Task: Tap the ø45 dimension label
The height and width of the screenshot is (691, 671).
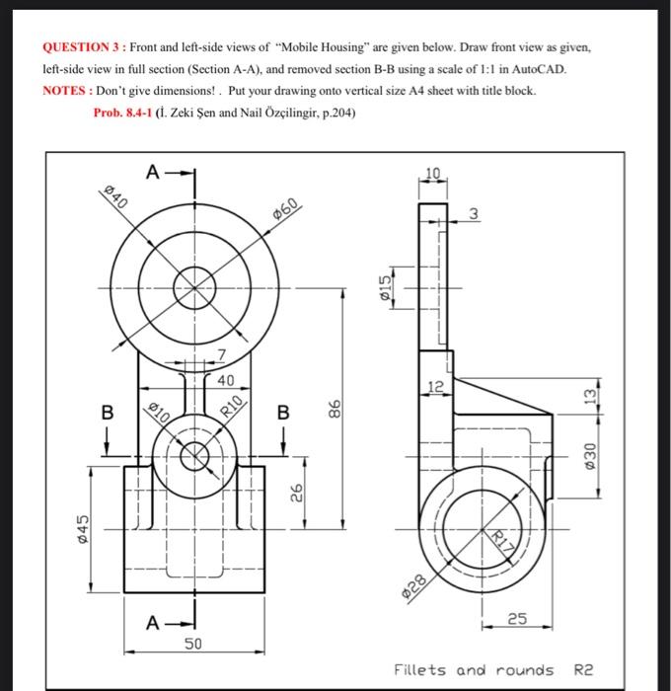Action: [85, 527]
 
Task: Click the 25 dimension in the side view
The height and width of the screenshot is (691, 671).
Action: [516, 619]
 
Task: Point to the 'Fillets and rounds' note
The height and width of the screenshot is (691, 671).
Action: [474, 669]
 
